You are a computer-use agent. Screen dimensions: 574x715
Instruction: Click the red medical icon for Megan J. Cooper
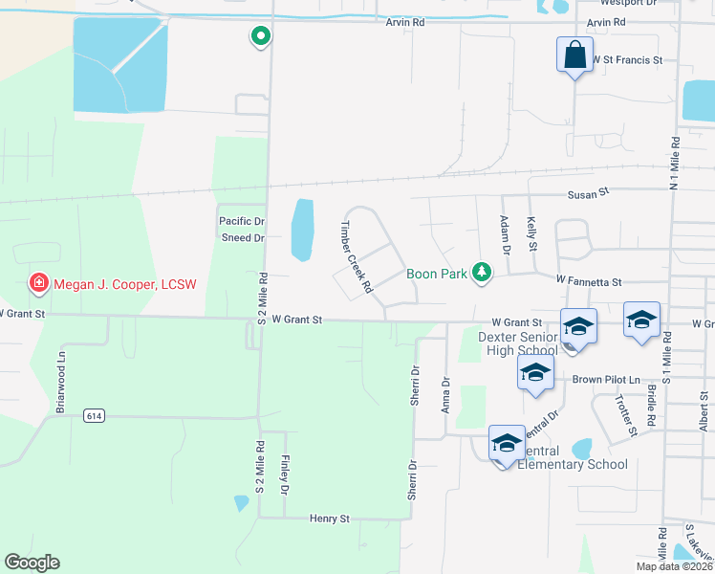tap(38, 282)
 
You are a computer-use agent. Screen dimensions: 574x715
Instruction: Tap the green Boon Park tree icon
tap(483, 274)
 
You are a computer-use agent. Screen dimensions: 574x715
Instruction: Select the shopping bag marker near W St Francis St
tap(574, 55)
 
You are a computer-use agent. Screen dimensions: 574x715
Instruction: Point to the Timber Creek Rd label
tap(355, 256)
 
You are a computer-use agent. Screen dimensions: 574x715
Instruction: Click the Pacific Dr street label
tap(241, 221)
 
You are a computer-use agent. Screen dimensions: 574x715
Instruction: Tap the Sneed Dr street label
tap(243, 237)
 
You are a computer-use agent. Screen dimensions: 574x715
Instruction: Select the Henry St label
tap(330, 519)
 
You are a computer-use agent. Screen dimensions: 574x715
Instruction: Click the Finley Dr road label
tap(284, 471)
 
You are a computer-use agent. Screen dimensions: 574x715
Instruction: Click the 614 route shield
tap(93, 415)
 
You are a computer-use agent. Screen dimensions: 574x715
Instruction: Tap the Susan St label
tap(589, 193)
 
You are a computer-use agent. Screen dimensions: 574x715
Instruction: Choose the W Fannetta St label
tap(589, 282)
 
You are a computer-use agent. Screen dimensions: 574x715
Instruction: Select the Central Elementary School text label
tap(572, 457)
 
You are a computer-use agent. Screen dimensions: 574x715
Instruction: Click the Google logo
tap(32, 563)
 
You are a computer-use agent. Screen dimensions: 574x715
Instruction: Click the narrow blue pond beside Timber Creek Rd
tap(302, 230)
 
